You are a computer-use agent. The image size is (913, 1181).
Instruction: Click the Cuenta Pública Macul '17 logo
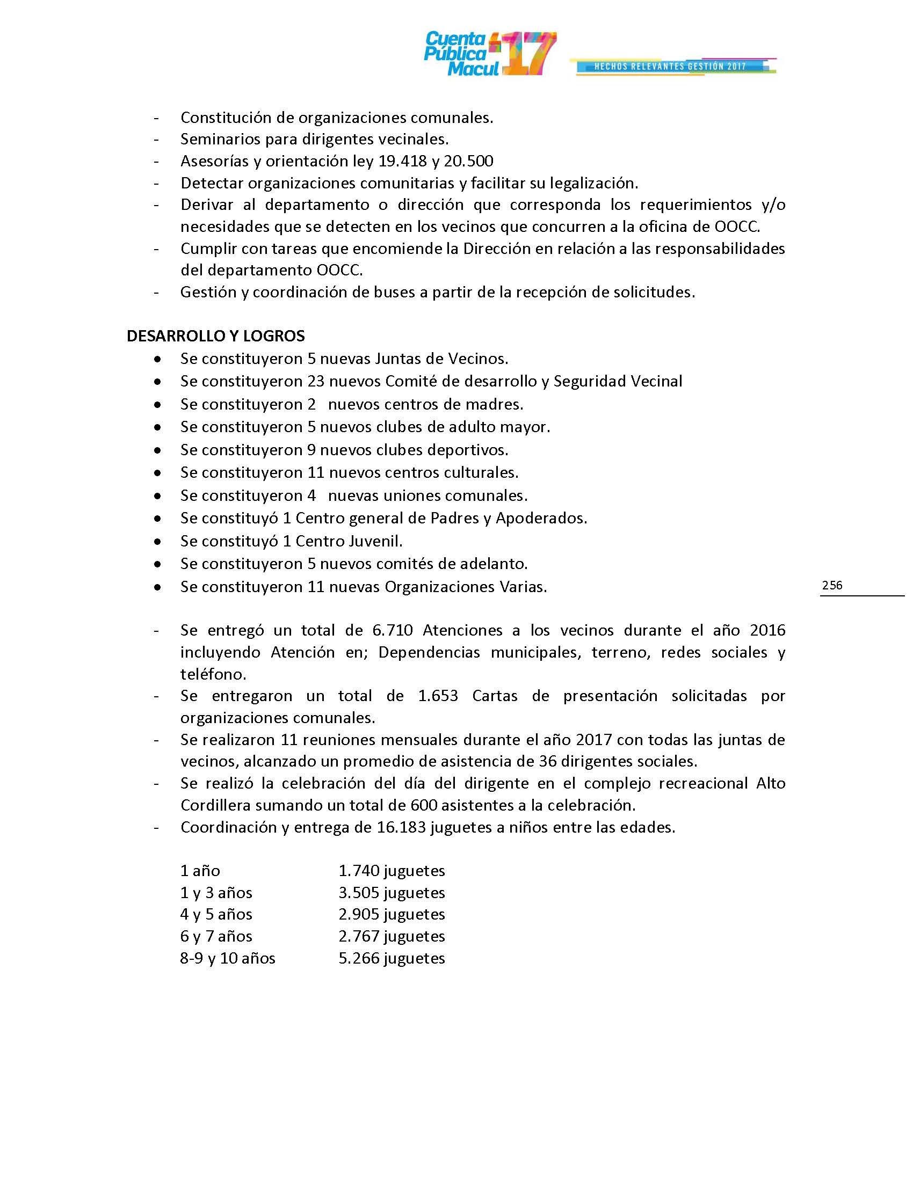(489, 54)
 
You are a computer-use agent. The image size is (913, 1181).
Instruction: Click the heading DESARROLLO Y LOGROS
(215, 336)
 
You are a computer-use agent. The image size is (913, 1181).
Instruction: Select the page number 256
(832, 585)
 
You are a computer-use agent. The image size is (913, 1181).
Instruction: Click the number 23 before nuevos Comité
(316, 381)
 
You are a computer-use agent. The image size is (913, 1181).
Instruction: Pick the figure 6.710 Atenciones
(392, 631)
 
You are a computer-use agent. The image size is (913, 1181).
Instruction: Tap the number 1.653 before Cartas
(438, 696)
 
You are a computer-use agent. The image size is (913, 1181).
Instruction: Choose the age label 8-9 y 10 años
(228, 958)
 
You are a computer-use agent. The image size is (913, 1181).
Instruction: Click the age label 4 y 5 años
(216, 914)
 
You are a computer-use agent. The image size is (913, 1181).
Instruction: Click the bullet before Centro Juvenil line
(157, 541)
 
